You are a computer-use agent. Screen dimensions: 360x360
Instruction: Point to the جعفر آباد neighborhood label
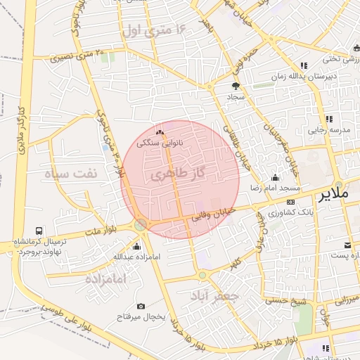(214, 296)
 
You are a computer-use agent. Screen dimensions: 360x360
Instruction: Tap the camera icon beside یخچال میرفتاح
(141, 306)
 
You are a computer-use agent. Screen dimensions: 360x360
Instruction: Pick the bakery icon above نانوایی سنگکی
(160, 132)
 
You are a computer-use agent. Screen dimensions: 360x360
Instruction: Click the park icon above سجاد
(235, 86)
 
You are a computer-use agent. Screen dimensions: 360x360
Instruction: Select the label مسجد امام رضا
(273, 188)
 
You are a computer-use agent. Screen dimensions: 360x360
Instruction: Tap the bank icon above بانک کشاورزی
(290, 202)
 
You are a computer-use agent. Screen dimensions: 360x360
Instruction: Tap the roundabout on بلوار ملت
(141, 225)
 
